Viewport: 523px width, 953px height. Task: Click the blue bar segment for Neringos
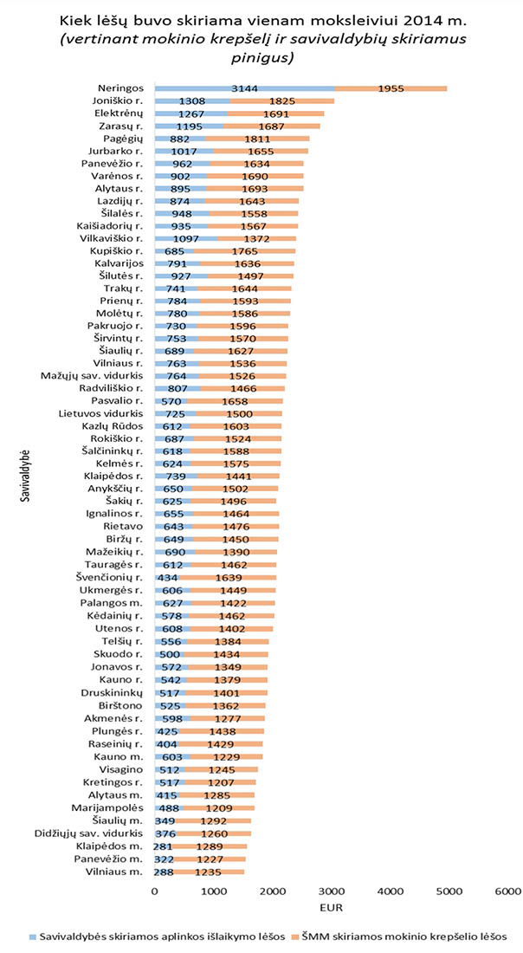[x=245, y=88]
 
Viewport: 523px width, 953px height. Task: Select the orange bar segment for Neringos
[x=391, y=88]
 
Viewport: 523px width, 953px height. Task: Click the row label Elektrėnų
[x=119, y=113]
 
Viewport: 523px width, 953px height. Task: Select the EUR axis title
[x=331, y=908]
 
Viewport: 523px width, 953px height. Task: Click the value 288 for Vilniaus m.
[x=165, y=872]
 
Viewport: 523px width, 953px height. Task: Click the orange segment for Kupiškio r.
[x=245, y=251]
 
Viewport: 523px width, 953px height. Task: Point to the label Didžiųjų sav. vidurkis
[x=89, y=833]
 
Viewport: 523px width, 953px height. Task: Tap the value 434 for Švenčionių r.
[x=167, y=577]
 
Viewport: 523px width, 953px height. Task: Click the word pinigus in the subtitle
[x=261, y=59]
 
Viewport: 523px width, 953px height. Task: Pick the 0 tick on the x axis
[x=155, y=890]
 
